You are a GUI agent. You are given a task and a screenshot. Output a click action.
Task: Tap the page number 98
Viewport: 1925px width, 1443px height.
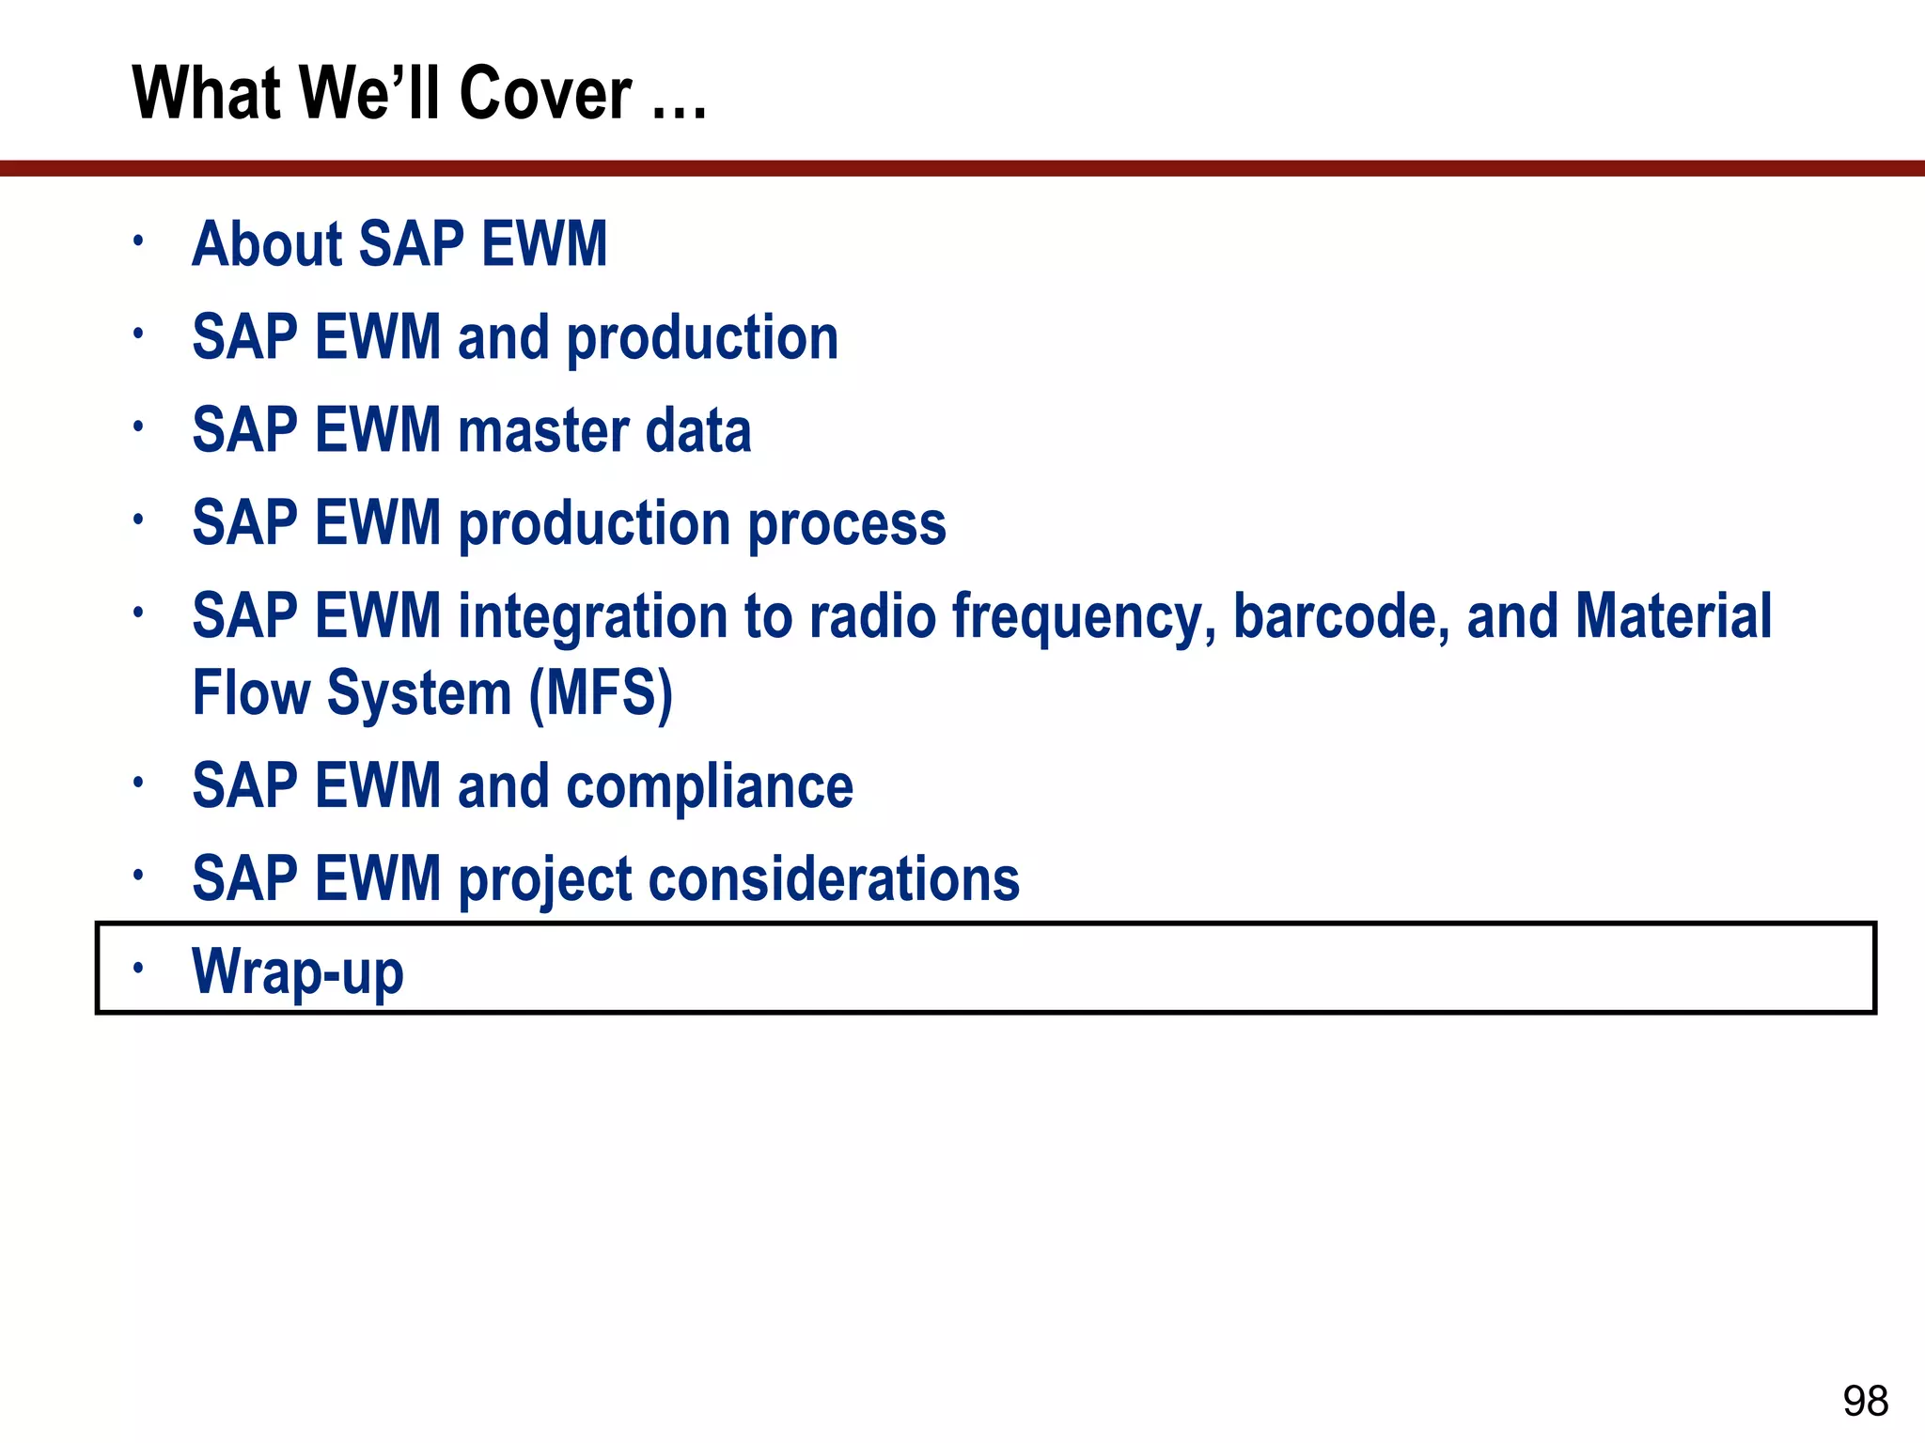click(x=1865, y=1401)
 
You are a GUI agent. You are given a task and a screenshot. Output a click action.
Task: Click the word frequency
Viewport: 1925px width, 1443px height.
click(x=1084, y=618)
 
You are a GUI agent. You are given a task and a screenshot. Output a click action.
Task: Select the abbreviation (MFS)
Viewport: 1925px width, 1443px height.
click(x=601, y=694)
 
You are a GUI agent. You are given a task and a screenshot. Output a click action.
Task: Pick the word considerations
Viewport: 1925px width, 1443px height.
click(x=833, y=879)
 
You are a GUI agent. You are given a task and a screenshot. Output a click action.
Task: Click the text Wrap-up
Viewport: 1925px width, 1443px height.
click(x=298, y=971)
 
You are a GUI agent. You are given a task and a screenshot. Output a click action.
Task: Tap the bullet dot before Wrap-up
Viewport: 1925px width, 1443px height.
click(x=138, y=967)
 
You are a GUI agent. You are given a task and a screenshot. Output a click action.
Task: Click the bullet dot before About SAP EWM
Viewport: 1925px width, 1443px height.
click(x=138, y=240)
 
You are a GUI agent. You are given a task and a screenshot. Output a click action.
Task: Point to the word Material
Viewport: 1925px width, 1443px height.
click(x=1673, y=616)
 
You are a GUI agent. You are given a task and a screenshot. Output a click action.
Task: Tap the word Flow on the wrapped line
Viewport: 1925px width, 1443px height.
click(x=251, y=693)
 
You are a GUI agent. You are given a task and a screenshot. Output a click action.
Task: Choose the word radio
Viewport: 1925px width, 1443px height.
click(x=872, y=616)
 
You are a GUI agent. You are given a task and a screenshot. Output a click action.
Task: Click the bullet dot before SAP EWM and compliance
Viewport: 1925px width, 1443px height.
click(x=138, y=782)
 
